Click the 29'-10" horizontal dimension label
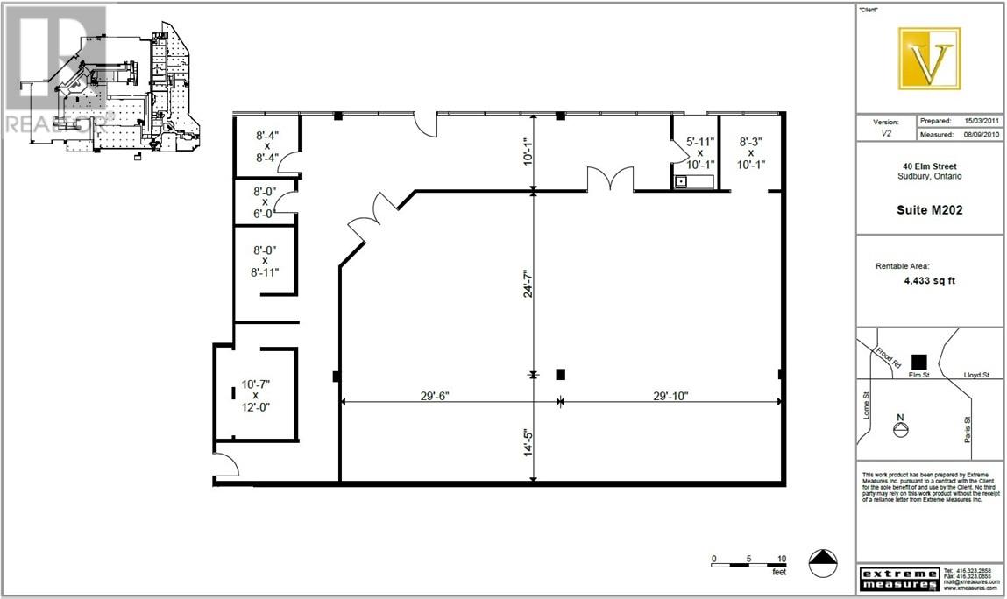click(670, 394)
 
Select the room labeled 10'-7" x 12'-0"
click(255, 395)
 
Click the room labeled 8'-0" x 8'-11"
click(263, 260)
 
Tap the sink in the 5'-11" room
click(681, 182)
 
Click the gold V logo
click(929, 59)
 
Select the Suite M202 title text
click(930, 209)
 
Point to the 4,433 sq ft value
click(930, 282)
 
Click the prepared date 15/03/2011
click(982, 120)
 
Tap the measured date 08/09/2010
click(982, 135)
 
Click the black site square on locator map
click(918, 361)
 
